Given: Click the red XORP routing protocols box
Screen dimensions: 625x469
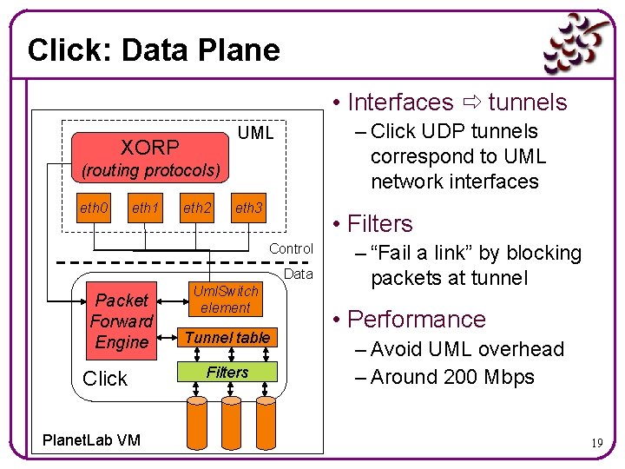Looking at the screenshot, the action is [x=150, y=157].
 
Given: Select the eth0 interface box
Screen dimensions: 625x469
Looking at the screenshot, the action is [x=94, y=208].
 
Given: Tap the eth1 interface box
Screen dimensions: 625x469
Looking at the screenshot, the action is [x=145, y=208].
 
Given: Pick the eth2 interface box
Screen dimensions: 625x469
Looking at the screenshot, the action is [x=197, y=208].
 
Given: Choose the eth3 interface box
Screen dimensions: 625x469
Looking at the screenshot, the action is [x=249, y=208].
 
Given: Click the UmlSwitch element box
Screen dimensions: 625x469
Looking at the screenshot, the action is [x=226, y=299].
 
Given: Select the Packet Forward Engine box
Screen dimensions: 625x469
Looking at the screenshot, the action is [x=122, y=321].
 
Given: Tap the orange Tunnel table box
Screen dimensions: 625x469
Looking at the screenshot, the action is [x=227, y=337].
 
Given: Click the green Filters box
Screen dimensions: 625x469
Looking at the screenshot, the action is [x=227, y=372].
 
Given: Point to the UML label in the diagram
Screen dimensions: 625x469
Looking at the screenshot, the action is [x=255, y=133].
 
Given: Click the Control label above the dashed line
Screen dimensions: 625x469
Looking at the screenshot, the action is [x=291, y=248].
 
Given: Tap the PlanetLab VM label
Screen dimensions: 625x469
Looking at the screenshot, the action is [x=91, y=439].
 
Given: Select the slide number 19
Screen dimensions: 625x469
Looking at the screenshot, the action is [x=597, y=443].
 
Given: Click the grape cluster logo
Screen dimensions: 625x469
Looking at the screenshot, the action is [x=576, y=44].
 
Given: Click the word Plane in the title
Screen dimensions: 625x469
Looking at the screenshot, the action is [x=240, y=50].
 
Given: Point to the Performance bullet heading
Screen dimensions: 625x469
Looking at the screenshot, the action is [x=417, y=320].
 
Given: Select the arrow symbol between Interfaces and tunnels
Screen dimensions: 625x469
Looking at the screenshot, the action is [x=472, y=102].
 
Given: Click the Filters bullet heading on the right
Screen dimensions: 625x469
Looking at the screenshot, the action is [x=380, y=223].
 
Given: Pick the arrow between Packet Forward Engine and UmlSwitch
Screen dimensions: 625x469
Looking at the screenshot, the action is [x=173, y=301].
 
